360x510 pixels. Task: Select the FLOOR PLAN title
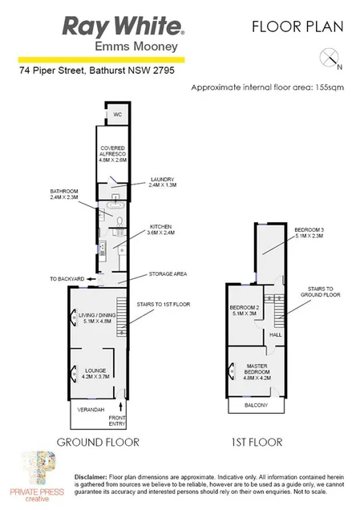click(x=297, y=26)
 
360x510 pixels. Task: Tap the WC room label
click(x=115, y=115)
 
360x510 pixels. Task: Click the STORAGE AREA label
click(x=168, y=274)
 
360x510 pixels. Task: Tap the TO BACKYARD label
click(x=66, y=278)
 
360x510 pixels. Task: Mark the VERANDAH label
click(x=91, y=410)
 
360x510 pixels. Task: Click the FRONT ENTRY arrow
click(x=118, y=407)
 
